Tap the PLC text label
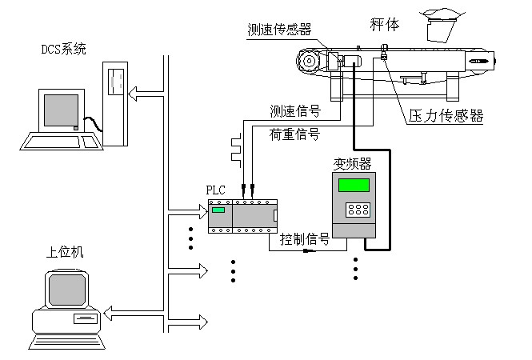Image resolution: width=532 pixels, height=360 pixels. [x=216, y=190]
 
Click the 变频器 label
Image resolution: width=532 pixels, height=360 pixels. [x=351, y=164]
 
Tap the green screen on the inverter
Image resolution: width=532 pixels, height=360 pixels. [x=354, y=185]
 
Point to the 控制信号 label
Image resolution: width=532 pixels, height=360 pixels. [x=305, y=238]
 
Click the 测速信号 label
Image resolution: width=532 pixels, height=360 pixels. [x=294, y=110]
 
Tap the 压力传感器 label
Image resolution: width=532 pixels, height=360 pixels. [x=446, y=115]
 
